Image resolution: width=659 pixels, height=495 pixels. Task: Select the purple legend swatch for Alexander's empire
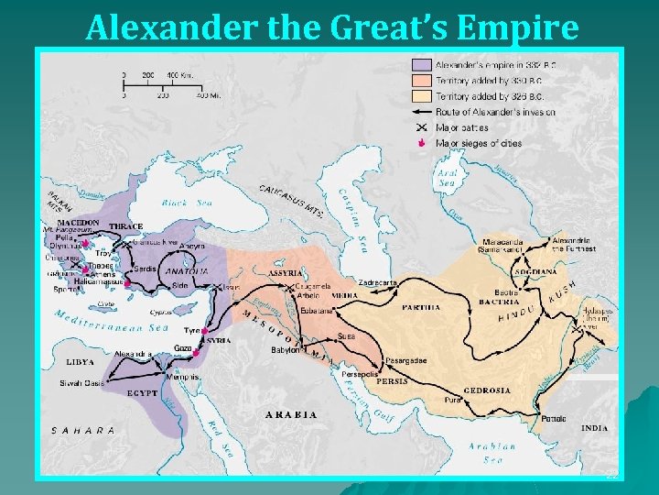click(422, 65)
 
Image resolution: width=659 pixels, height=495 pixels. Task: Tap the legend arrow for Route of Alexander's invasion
click(422, 112)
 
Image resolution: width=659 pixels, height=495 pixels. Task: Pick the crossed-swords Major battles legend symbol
click(422, 127)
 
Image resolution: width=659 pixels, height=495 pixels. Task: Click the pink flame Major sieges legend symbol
click(422, 144)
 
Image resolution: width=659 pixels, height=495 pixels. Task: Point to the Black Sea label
click(187, 203)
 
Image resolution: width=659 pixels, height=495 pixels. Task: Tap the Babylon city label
click(285, 350)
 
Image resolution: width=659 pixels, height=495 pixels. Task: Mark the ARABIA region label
click(291, 414)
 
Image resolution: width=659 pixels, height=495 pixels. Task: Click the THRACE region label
click(125, 226)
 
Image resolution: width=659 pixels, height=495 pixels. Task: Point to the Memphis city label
click(183, 377)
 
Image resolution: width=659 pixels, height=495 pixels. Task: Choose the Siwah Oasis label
click(81, 383)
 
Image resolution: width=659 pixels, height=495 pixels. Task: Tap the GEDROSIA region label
click(487, 390)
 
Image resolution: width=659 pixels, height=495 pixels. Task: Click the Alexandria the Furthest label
click(575, 244)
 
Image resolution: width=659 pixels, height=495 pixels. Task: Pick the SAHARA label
click(82, 430)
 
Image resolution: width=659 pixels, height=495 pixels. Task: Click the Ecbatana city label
click(316, 311)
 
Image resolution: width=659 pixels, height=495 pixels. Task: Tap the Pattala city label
click(554, 419)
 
